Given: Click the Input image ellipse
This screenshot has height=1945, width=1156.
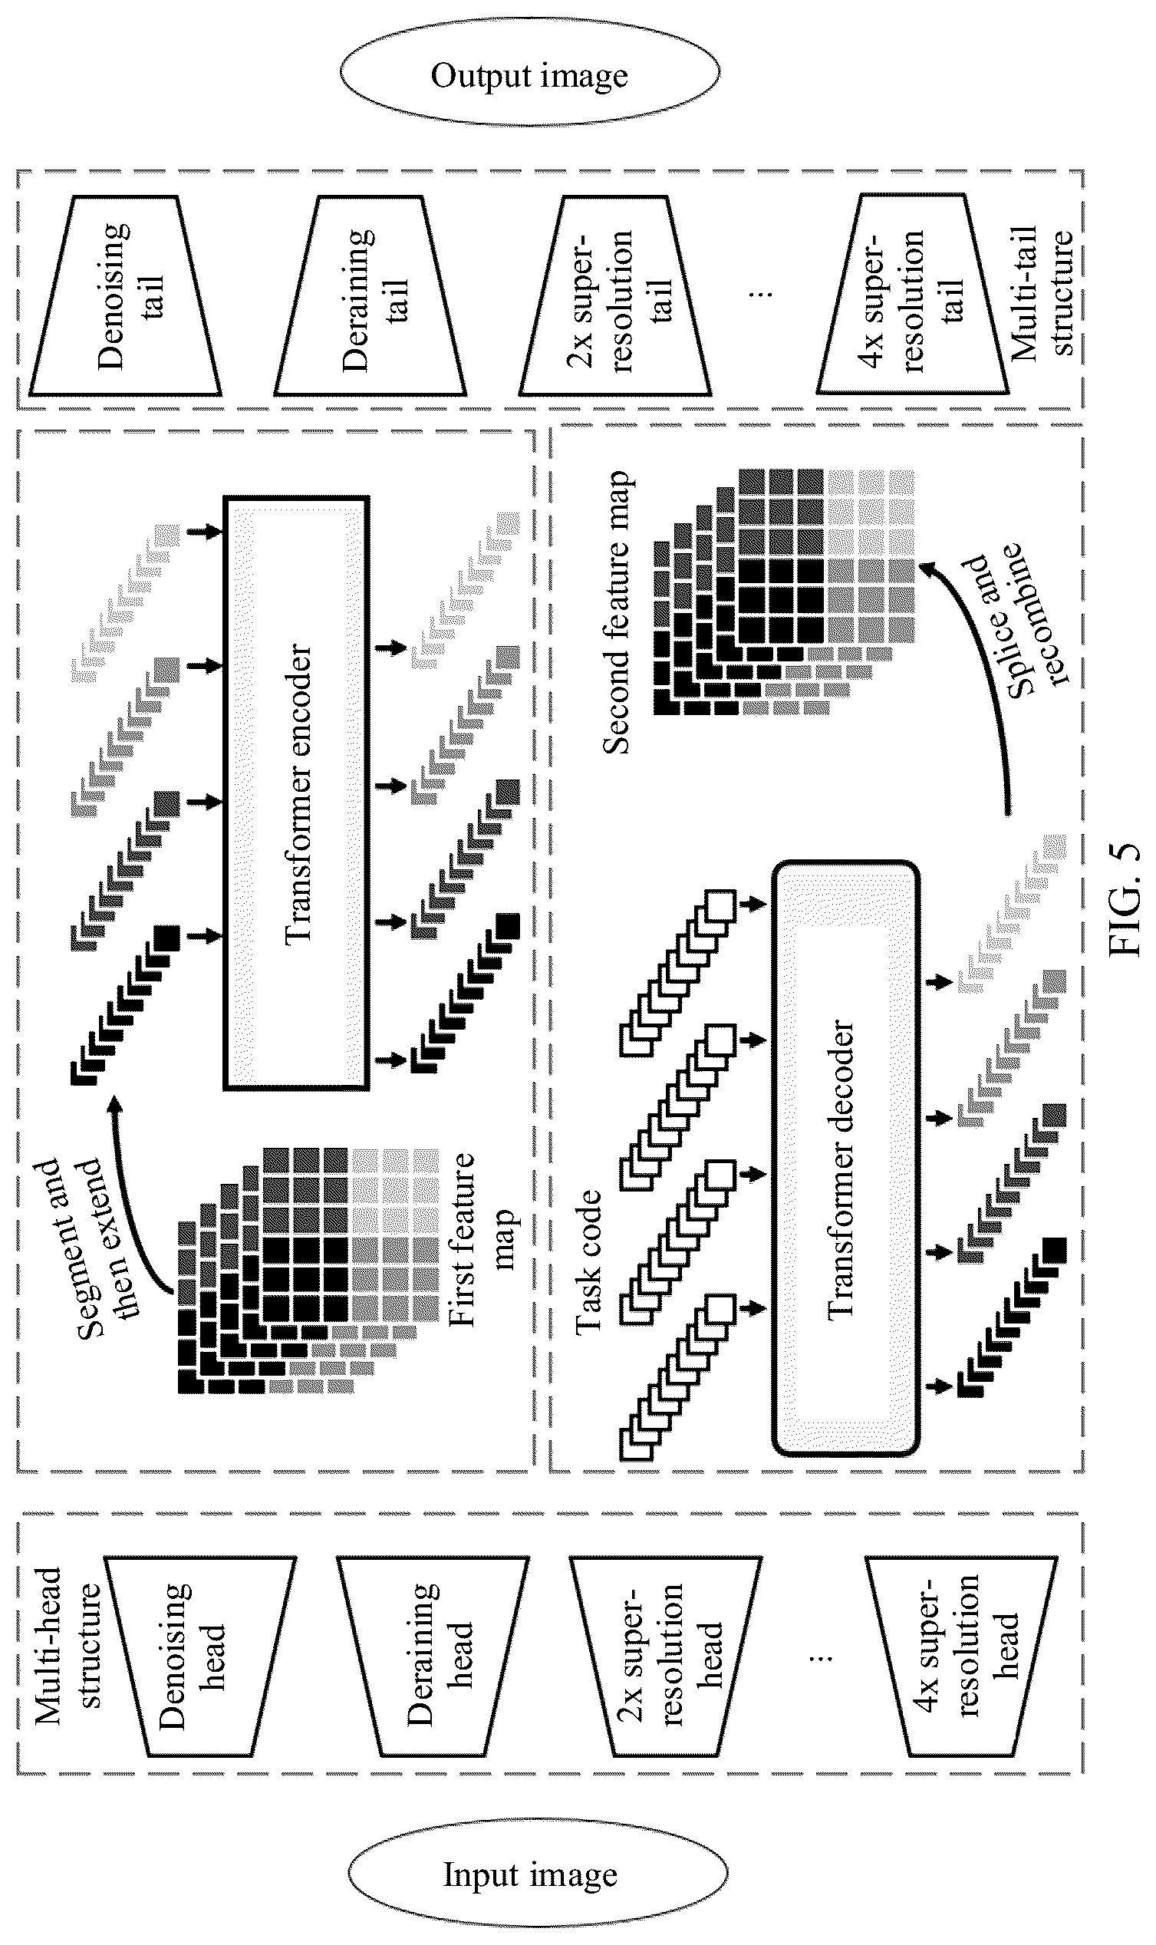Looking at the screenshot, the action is [538, 1874].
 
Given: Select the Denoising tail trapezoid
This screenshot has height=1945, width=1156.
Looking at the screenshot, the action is [125, 295].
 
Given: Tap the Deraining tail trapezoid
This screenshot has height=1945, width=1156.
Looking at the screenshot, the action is [370, 296].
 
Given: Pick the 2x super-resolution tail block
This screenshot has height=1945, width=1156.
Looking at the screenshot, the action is [615, 296].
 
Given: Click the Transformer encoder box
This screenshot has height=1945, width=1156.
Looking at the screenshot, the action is [296, 792].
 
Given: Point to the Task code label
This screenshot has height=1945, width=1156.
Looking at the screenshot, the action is [589, 1262].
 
